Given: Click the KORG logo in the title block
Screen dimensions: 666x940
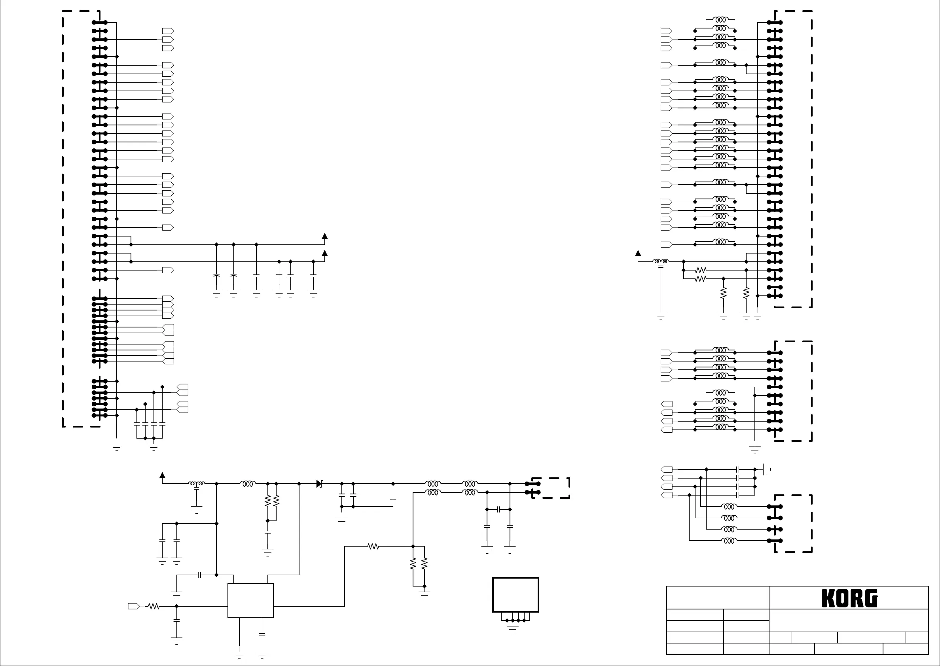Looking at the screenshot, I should (x=849, y=598).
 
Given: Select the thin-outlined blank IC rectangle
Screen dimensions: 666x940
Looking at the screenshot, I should (x=250, y=600).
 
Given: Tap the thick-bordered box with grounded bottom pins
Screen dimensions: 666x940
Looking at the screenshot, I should (x=515, y=595).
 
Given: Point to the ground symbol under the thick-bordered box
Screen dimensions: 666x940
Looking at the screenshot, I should (x=513, y=631).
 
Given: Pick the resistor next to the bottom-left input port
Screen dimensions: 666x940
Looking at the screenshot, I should (x=154, y=606).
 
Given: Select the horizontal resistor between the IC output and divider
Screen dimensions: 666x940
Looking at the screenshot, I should (x=373, y=546).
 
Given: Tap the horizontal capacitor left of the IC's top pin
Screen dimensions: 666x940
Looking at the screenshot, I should (x=199, y=575).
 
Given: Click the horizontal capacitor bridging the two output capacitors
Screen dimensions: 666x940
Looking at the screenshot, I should (x=499, y=509).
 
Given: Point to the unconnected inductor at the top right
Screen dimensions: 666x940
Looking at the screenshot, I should (x=720, y=19).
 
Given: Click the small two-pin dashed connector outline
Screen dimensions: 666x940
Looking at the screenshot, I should (x=556, y=488).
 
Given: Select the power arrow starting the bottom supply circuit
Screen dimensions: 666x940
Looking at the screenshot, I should (x=163, y=476).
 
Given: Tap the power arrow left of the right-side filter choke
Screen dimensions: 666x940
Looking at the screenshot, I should (x=638, y=254).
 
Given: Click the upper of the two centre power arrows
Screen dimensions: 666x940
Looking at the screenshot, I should (x=324, y=236).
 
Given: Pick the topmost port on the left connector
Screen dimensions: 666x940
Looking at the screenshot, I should (x=168, y=31).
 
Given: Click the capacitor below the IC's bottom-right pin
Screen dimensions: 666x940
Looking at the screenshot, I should (x=262, y=634).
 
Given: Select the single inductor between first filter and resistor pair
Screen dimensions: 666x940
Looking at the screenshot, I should (x=247, y=484).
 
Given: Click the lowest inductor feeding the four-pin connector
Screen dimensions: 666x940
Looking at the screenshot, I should (x=729, y=541).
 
